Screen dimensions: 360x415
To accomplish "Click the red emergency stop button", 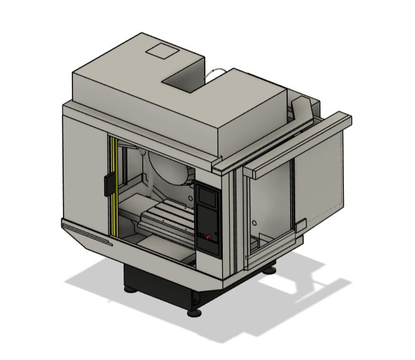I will pos(208,236).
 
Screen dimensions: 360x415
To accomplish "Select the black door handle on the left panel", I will pos(108,183).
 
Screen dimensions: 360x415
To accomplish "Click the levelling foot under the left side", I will pos(129,289).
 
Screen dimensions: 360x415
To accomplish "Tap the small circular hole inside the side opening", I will pos(254,222).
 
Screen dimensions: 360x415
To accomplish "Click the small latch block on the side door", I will pos(301,225).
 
